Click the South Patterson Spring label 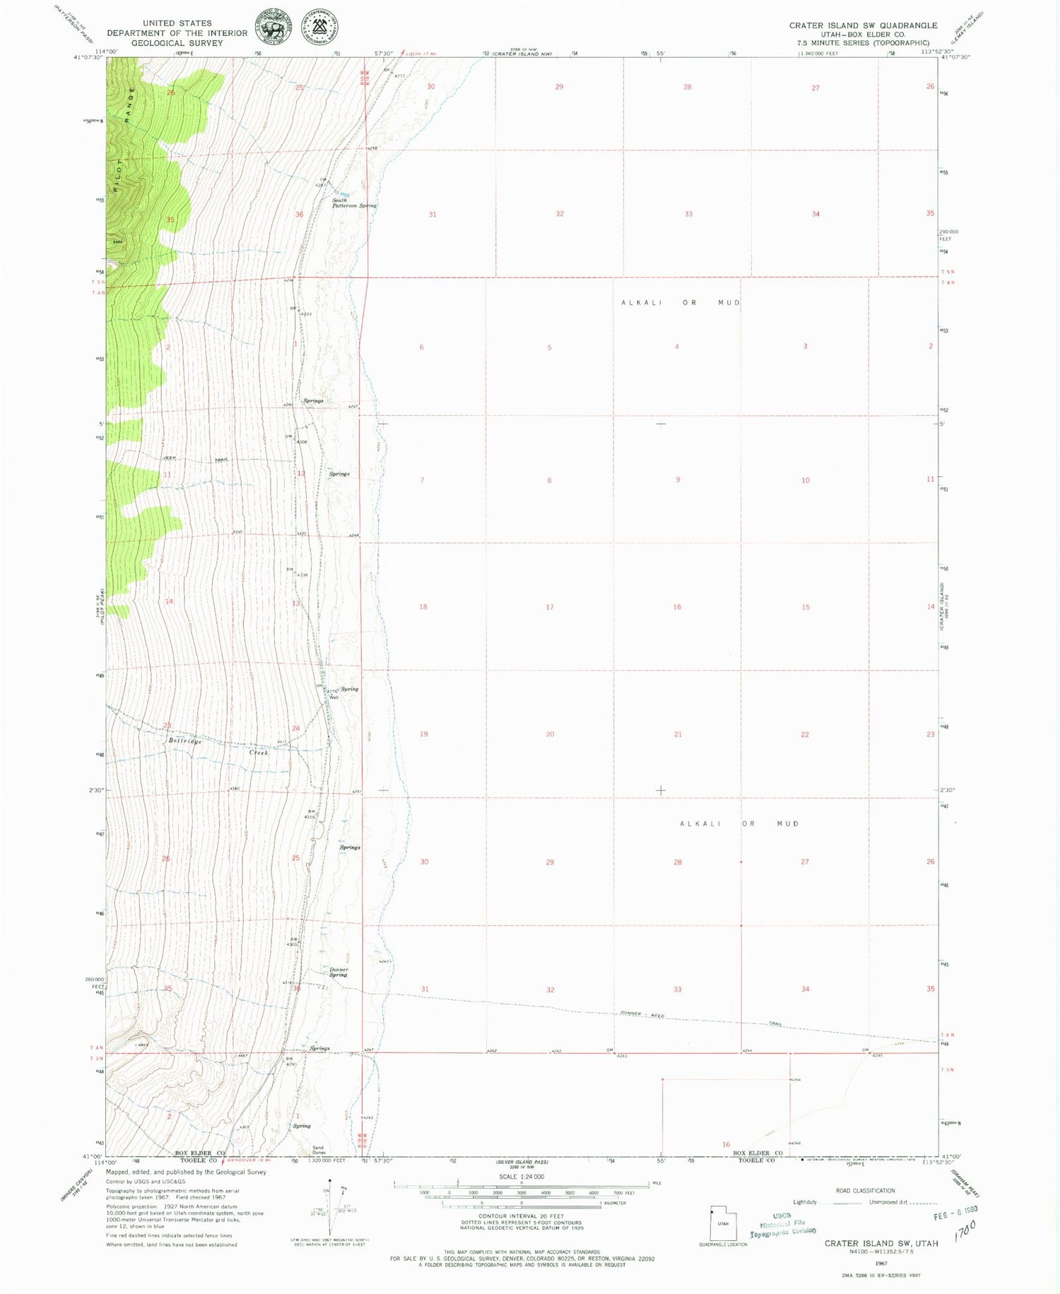tap(353, 203)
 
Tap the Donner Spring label tap(338, 972)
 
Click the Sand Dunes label tap(318, 1150)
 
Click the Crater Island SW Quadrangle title tap(863, 25)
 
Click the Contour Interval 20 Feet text tap(522, 1216)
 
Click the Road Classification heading tap(865, 1191)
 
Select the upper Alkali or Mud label tap(681, 302)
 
